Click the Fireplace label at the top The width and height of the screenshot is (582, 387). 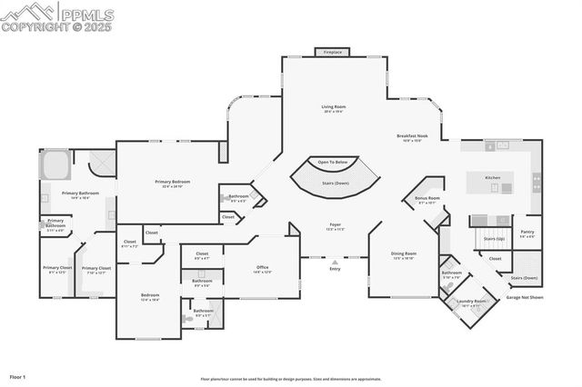333,53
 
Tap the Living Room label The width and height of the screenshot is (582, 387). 334,107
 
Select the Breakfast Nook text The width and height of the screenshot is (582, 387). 412,135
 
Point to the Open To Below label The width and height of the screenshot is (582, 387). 332,162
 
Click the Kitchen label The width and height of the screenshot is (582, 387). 492,177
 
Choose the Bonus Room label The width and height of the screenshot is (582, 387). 427,198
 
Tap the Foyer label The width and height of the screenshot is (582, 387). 335,223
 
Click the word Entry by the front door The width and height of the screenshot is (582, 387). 335,268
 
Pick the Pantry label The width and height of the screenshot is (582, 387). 527,232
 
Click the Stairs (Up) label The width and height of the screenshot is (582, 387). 494,238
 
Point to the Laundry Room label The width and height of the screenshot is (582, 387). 472,301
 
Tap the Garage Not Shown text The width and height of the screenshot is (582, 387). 526,297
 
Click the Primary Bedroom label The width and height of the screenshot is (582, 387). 173,182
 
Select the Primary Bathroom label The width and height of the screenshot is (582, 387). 80,193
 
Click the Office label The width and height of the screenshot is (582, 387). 262,267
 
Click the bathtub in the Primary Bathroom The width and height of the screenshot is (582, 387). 55,166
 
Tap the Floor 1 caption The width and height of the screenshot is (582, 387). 18,375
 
